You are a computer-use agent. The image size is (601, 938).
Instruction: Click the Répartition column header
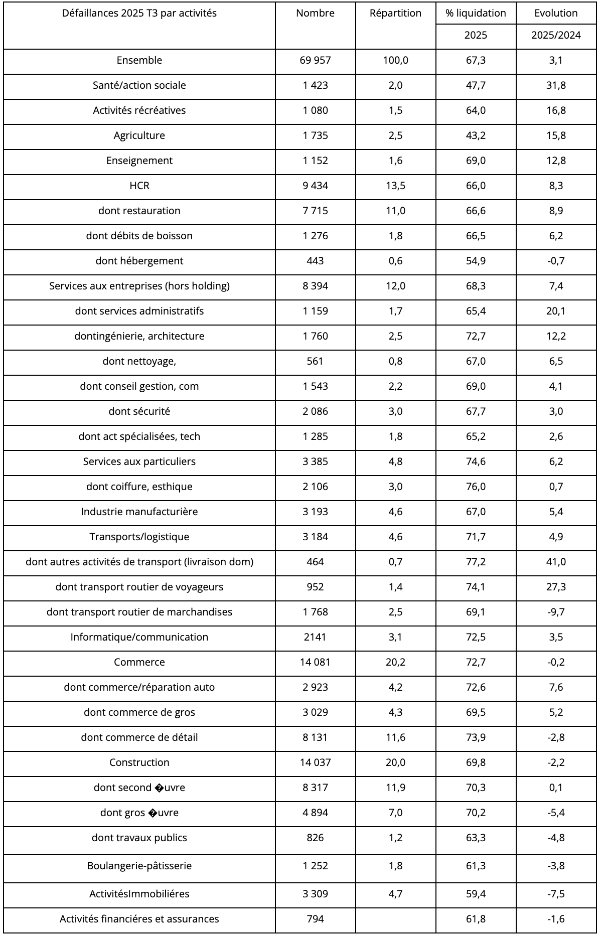pos(395,14)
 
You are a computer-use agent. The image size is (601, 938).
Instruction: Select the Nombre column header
pos(315,14)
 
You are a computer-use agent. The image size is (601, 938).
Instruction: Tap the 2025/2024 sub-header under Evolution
pos(556,35)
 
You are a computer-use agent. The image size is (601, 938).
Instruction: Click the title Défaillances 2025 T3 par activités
pos(139,14)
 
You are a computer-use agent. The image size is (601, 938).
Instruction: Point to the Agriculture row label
pos(139,135)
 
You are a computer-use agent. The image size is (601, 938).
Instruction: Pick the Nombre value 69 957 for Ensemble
pos(315,60)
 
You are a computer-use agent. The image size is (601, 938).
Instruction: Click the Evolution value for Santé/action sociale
pos(556,85)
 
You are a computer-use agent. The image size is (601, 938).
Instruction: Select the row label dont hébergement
pos(139,261)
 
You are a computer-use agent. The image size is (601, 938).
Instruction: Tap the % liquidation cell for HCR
pos(476,186)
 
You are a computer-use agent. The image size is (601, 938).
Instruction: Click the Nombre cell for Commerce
pos(315,662)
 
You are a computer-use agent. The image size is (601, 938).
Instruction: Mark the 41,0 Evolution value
pos(556,562)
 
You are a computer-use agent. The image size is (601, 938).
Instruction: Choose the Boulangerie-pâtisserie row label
pos(139,866)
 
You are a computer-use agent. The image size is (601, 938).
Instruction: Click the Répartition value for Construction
pos(395,762)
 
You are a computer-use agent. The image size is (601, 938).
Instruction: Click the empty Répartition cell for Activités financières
pos(395,919)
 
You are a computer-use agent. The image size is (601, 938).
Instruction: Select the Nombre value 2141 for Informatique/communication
pos(315,637)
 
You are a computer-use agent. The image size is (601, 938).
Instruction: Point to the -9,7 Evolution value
pos(556,612)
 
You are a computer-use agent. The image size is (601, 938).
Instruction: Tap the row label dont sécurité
pos(139,411)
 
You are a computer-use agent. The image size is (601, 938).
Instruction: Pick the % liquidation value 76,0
pos(476,487)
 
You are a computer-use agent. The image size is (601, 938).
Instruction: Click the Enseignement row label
pos(139,161)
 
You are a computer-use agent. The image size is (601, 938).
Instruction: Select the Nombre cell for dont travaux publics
pos(315,838)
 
